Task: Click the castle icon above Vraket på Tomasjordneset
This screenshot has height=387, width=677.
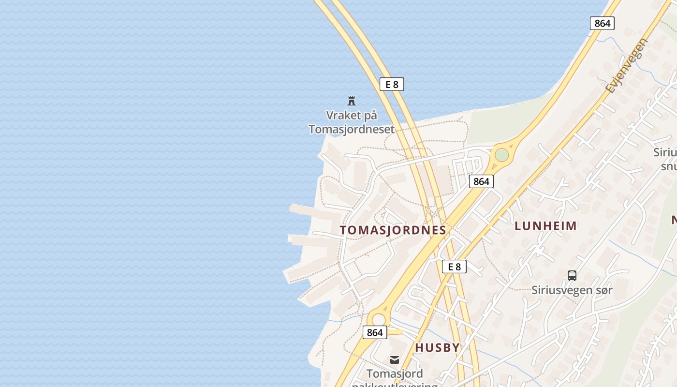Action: [x=352, y=101]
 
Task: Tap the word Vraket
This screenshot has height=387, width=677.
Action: [x=343, y=116]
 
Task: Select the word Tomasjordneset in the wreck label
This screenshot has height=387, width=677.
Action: [x=352, y=129]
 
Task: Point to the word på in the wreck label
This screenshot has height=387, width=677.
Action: [x=369, y=116]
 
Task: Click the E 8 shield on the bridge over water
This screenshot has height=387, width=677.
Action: [x=391, y=84]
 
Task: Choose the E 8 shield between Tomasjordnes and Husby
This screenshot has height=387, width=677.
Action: [x=454, y=266]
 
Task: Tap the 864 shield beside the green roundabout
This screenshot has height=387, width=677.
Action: [x=481, y=181]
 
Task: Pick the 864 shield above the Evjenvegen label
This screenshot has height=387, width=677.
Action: [x=602, y=23]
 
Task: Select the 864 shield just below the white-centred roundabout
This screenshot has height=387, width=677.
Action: [x=375, y=332]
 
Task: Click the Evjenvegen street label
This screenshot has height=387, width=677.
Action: [x=626, y=65]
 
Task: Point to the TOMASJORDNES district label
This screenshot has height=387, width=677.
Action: [x=393, y=230]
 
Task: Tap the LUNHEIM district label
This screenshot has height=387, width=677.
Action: [x=545, y=225]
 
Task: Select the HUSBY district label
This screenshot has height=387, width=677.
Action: [x=437, y=347]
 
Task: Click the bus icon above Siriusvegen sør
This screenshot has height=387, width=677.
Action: [x=572, y=276]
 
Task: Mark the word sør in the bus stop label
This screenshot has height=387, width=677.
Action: [x=604, y=290]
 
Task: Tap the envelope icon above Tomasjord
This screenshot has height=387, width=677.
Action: [x=395, y=359]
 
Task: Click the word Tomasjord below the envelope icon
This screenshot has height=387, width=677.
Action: [x=395, y=373]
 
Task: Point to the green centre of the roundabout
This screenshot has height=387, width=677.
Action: [x=501, y=155]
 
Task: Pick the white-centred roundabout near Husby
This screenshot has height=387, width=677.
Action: [x=379, y=319]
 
